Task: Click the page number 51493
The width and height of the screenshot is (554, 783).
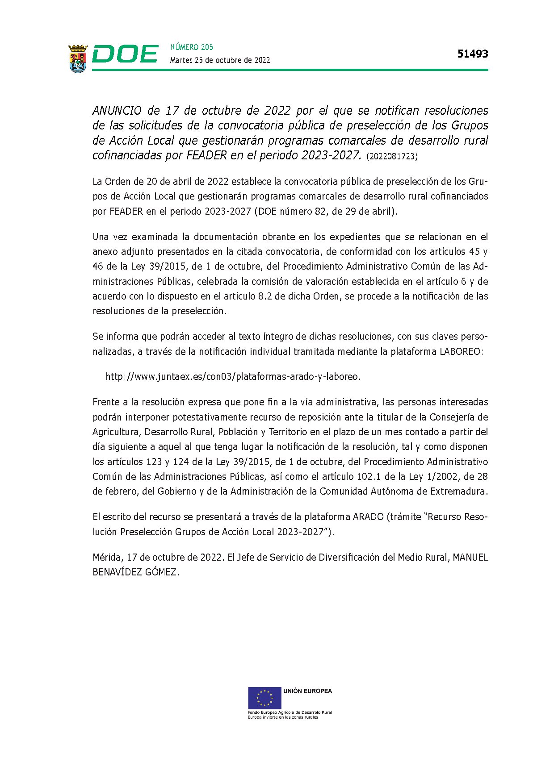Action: (473, 54)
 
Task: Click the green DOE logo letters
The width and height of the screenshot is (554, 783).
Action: (125, 54)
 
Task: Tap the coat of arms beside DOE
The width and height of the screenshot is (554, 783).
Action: (78, 58)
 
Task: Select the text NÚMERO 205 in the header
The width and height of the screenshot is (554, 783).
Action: (192, 47)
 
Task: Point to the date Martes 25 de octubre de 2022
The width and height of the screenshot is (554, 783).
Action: (220, 60)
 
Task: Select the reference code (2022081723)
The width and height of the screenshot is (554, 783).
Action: (392, 157)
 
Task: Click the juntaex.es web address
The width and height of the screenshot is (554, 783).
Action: (233, 377)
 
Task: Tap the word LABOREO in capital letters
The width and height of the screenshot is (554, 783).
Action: (461, 352)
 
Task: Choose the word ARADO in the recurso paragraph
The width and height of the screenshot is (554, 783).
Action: (368, 517)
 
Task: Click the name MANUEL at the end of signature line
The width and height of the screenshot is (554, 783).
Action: (470, 558)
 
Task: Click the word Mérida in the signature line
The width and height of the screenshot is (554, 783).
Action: (107, 558)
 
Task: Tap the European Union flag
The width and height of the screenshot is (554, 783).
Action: (264, 698)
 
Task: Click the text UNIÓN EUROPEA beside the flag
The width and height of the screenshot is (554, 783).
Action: (307, 691)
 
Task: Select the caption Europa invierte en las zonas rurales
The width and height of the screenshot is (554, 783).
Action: (283, 717)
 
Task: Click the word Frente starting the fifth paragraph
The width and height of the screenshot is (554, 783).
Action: (105, 402)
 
